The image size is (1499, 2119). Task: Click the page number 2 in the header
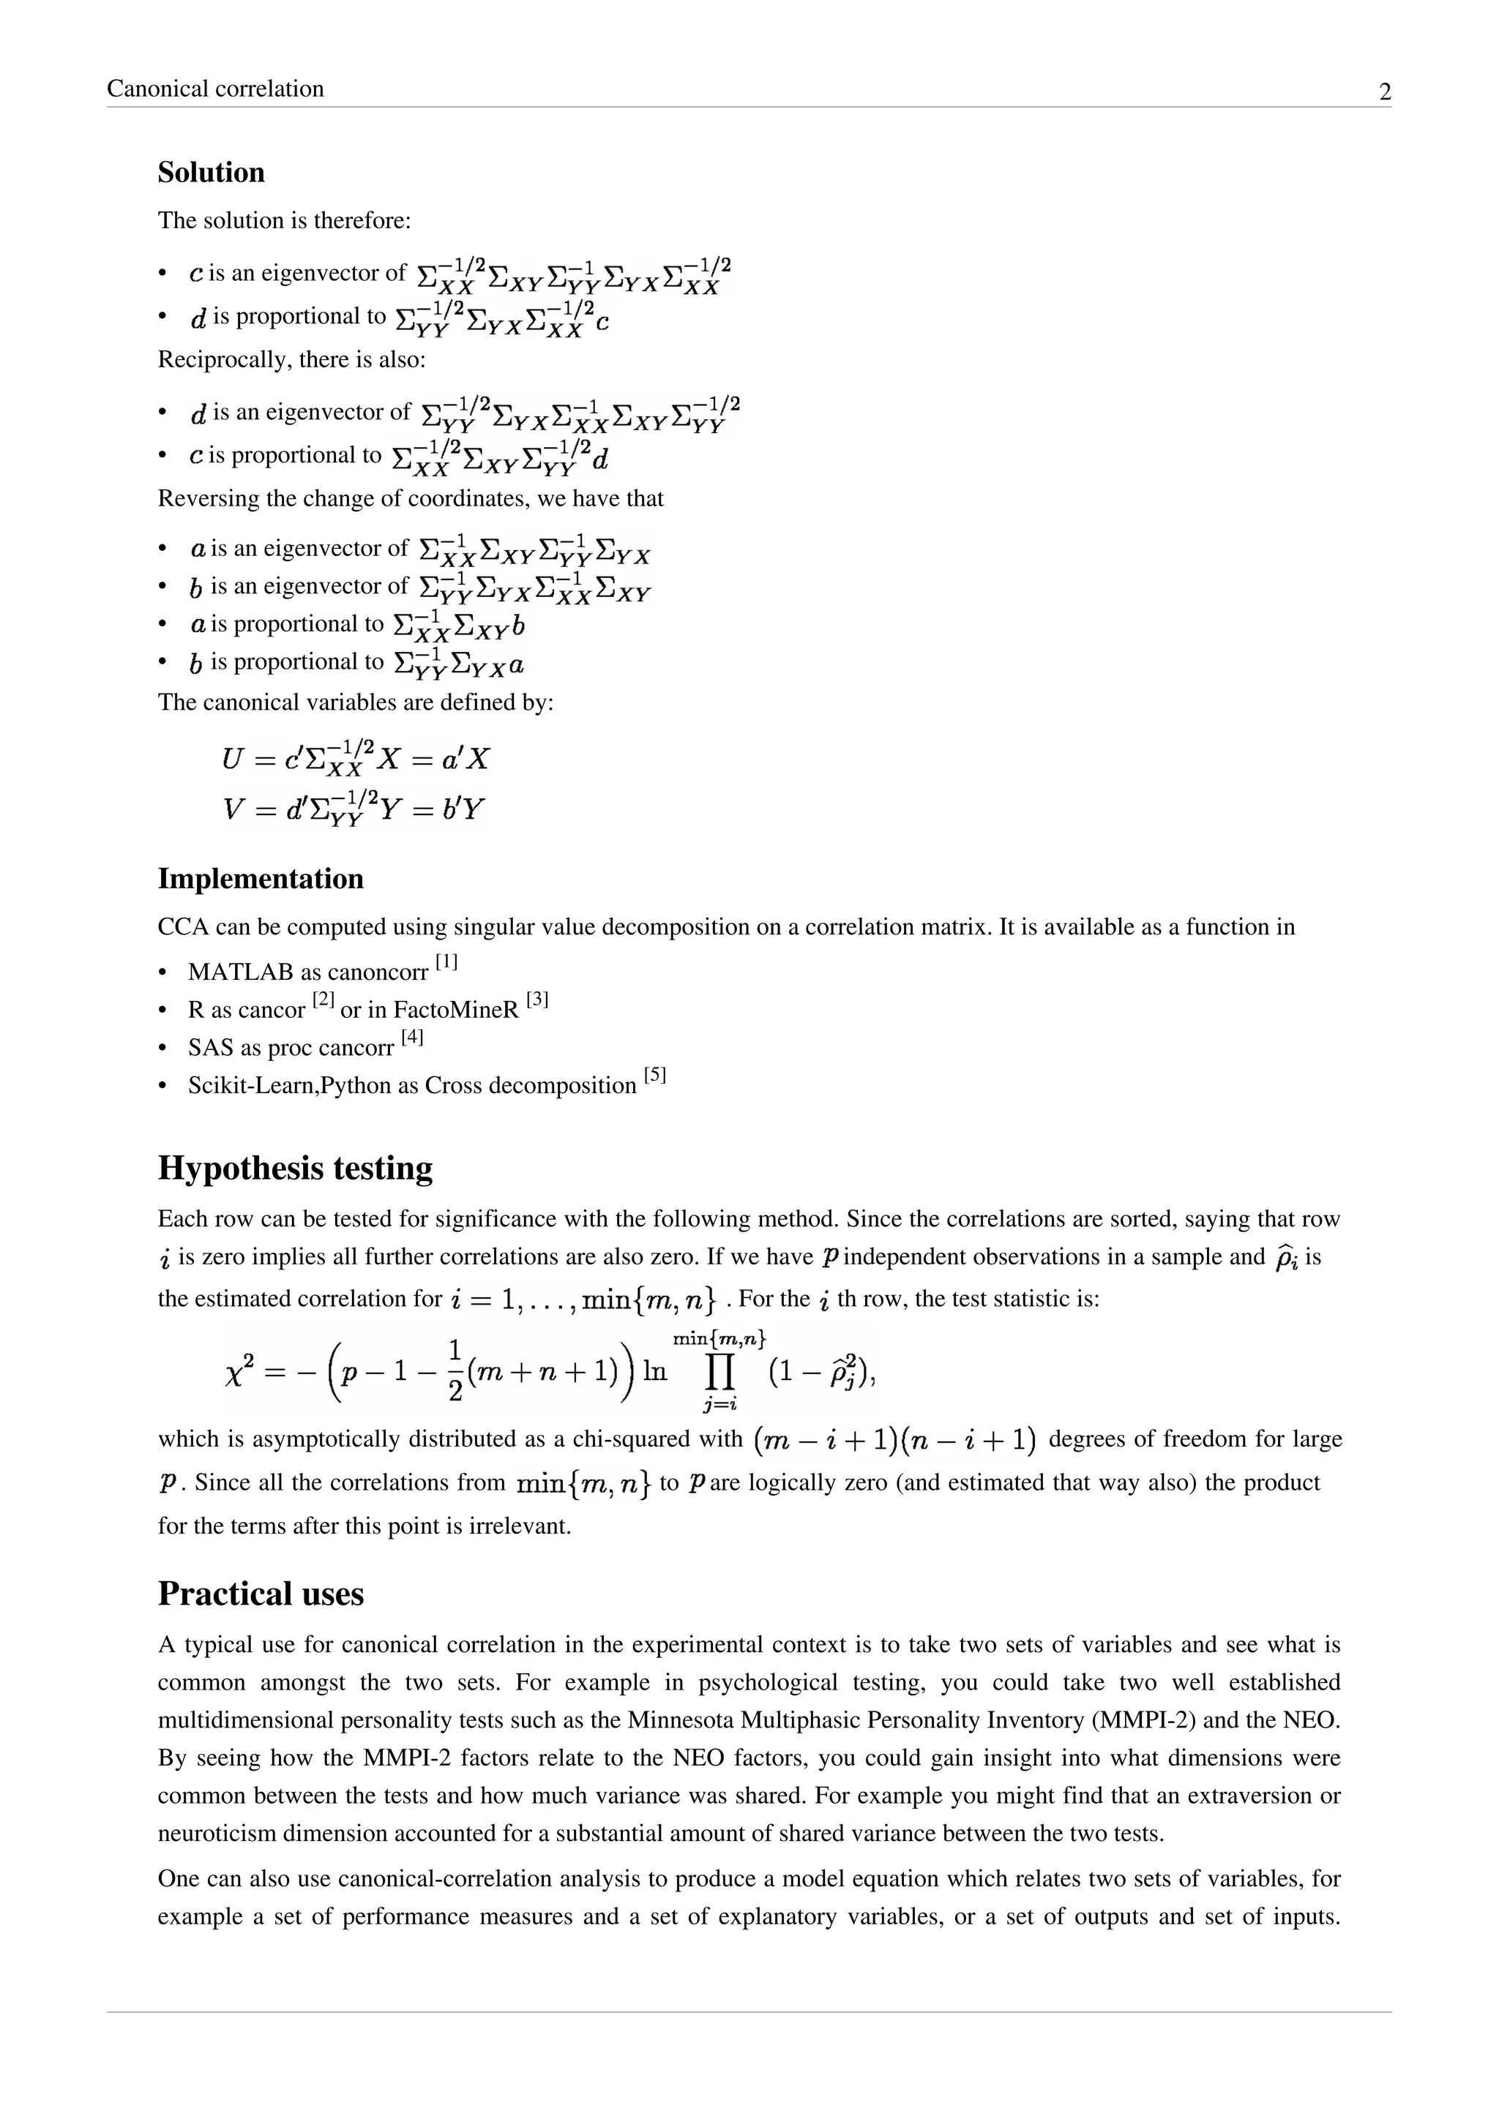tap(1385, 92)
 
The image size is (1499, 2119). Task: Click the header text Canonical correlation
tap(215, 89)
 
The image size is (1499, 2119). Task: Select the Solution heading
tap(211, 173)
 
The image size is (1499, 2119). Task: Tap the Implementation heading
tap(261, 879)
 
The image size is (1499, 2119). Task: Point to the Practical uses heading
tap(261, 1593)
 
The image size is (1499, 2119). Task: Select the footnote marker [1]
tap(446, 963)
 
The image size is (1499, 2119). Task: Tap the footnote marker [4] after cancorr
tap(411, 1038)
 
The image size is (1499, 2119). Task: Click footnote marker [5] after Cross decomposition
tap(654, 1075)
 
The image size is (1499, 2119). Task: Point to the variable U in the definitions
tap(232, 760)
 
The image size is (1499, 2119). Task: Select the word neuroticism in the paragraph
tap(219, 1833)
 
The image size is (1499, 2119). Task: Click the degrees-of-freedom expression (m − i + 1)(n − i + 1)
tap(894, 1440)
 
